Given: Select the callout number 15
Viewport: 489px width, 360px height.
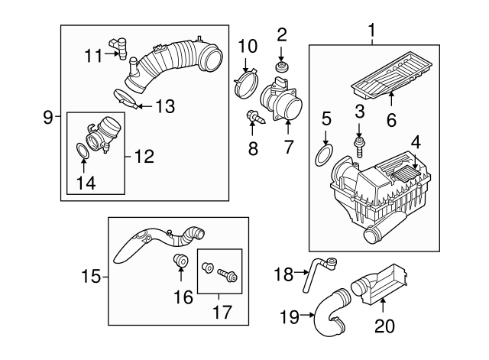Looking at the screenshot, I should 91,275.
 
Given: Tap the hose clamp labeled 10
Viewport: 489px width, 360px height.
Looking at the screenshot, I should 245,79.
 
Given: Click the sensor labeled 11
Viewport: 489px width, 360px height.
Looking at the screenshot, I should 119,47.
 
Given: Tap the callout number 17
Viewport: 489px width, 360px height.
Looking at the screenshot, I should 219,311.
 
